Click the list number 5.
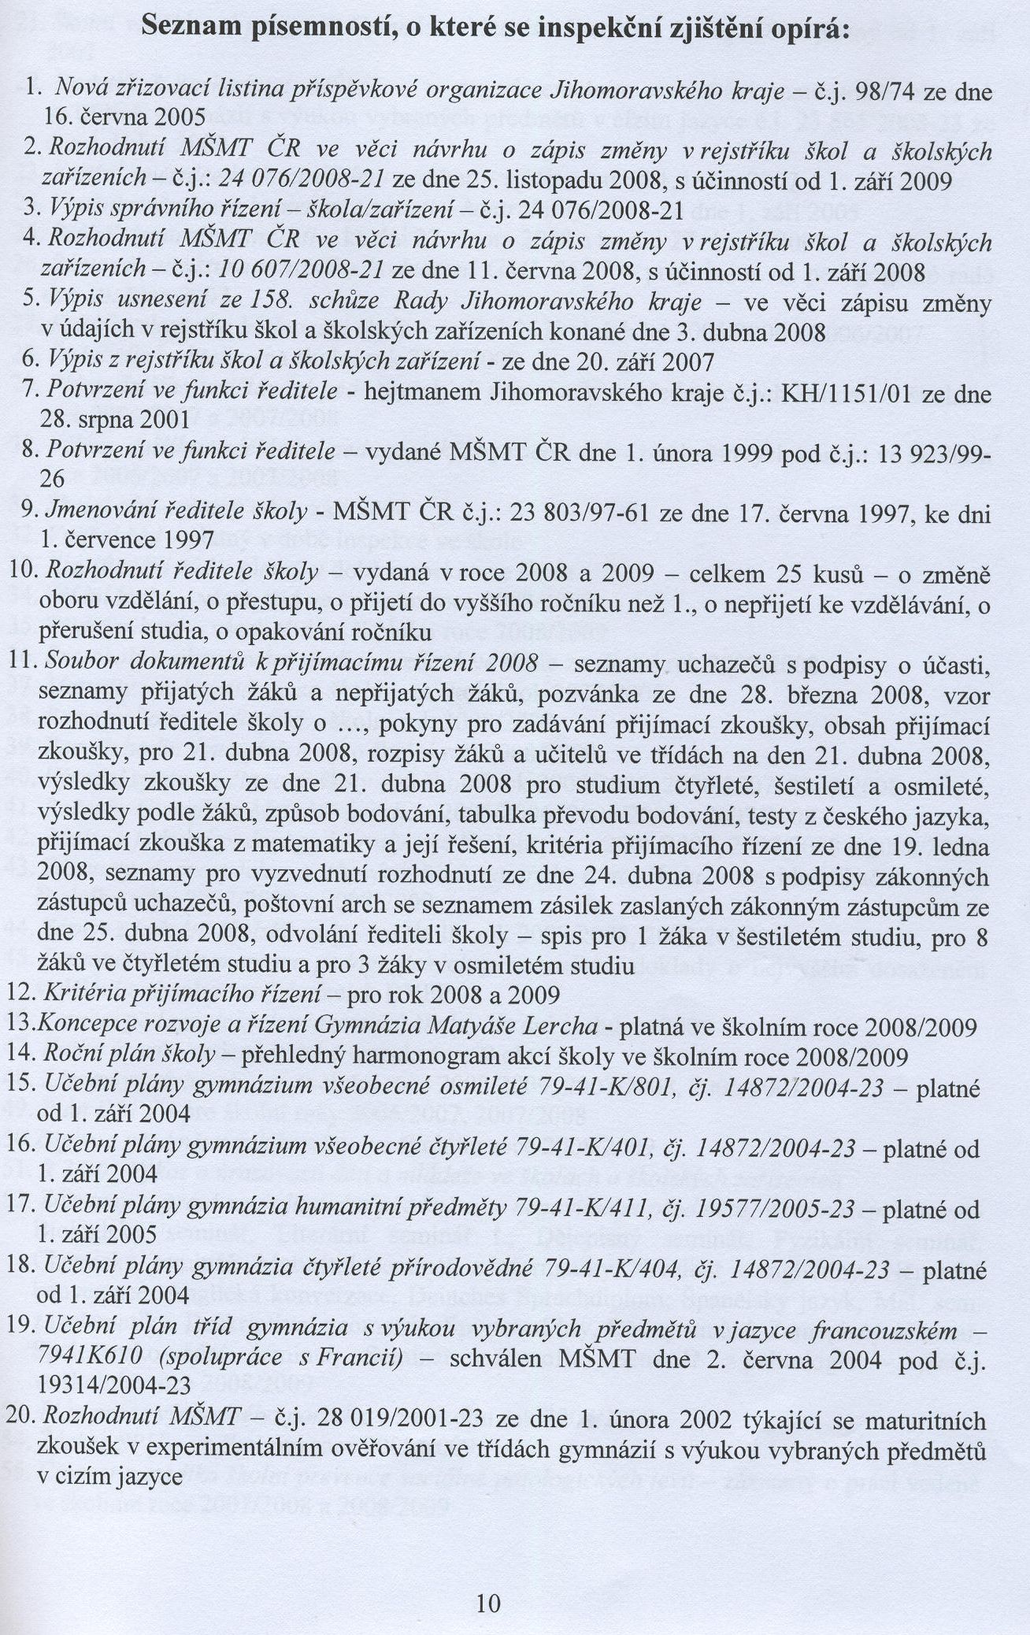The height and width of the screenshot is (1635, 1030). click(31, 303)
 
